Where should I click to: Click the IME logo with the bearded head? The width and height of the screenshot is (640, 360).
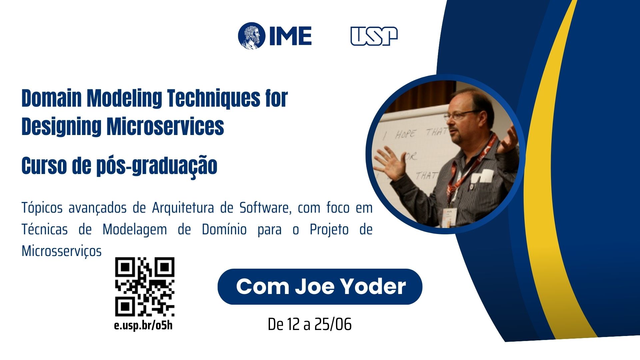pos(275,36)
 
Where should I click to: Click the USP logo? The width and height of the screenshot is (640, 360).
pos(374,36)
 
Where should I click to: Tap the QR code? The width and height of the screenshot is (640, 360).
pos(145,287)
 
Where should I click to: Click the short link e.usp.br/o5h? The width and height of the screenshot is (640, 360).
pos(143,325)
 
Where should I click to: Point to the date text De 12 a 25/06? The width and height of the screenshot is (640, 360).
pos(310,324)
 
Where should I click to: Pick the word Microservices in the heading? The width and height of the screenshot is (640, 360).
pos(165,126)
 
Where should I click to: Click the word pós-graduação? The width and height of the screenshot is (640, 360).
pos(157,166)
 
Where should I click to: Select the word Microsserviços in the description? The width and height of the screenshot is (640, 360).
pos(62,251)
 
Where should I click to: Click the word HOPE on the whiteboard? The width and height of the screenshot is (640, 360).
pos(405,134)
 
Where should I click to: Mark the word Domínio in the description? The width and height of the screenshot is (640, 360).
pos(224,229)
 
